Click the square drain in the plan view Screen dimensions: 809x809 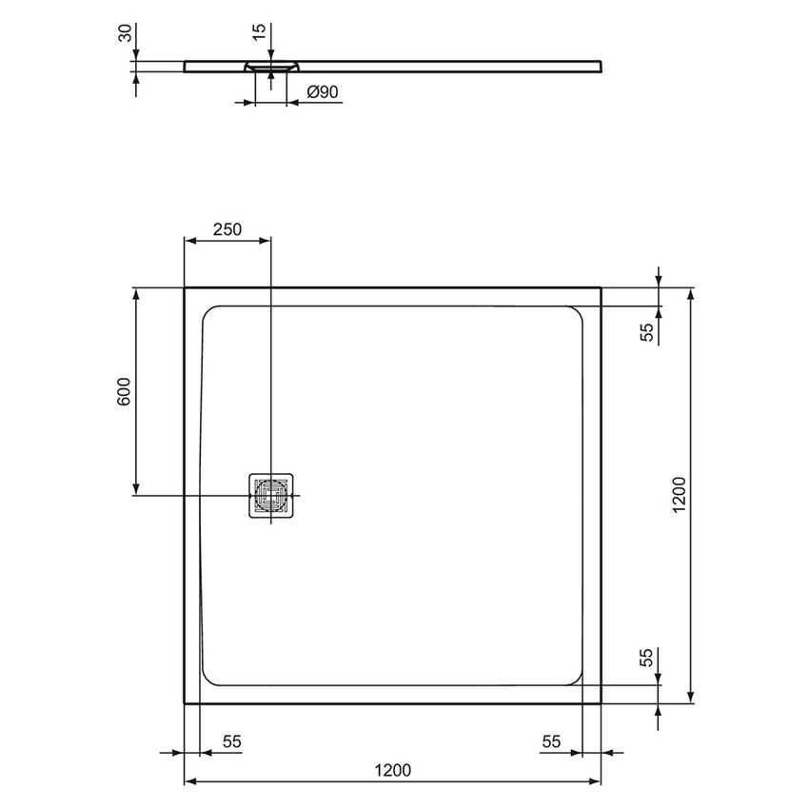(272, 496)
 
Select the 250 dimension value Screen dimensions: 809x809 (227, 228)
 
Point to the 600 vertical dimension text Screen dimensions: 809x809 (123, 392)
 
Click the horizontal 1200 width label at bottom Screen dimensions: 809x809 (391, 770)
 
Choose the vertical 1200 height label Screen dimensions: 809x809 (678, 495)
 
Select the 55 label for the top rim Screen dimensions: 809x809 (647, 332)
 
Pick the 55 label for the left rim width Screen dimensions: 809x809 (231, 740)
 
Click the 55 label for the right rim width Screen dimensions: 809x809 (551, 740)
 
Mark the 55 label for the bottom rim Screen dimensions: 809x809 (647, 660)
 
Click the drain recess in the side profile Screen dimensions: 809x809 (272, 67)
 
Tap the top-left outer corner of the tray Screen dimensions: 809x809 (185, 287)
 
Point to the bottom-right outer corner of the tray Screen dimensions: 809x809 (601, 703)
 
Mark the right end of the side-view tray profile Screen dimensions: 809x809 (601, 65)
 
